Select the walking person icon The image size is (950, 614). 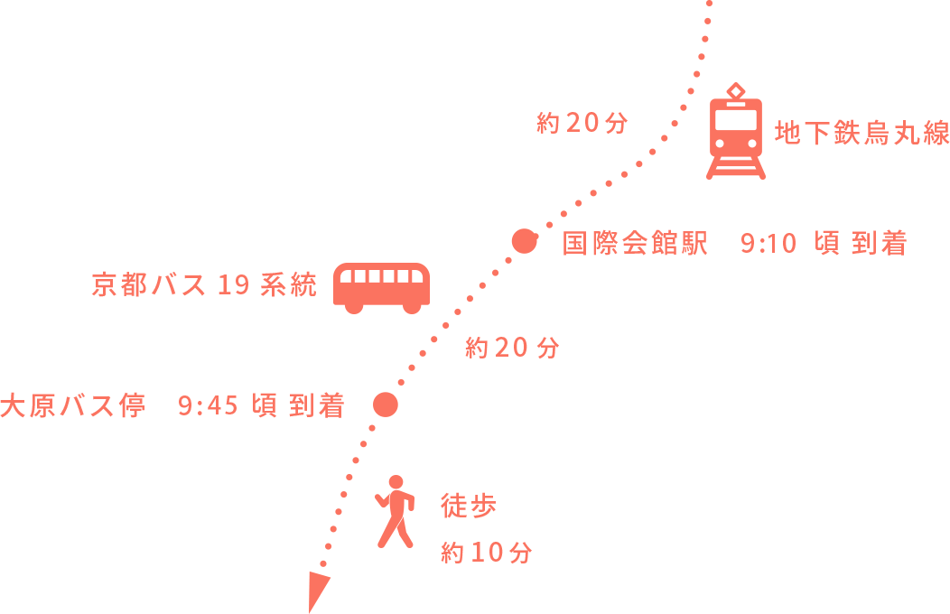click(x=396, y=511)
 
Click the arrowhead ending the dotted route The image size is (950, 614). click(x=317, y=588)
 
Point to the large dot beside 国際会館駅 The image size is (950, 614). click(x=524, y=241)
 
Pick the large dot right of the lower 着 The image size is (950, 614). click(x=386, y=405)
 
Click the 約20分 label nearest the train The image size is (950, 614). click(x=582, y=123)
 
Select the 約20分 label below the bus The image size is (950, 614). click(x=512, y=348)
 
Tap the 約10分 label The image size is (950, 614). click(x=486, y=553)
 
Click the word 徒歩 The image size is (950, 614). click(x=469, y=506)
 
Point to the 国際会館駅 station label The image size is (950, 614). click(x=635, y=244)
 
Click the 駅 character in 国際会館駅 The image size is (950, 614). click(x=694, y=244)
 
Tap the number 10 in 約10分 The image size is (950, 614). click(x=485, y=553)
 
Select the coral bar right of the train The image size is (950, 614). click(x=862, y=132)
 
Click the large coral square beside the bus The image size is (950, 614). click(x=211, y=160)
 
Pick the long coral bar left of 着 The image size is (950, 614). click(x=149, y=405)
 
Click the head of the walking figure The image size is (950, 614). click(x=396, y=482)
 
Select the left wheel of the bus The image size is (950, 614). click(x=354, y=307)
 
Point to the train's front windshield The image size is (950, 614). click(x=736, y=119)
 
